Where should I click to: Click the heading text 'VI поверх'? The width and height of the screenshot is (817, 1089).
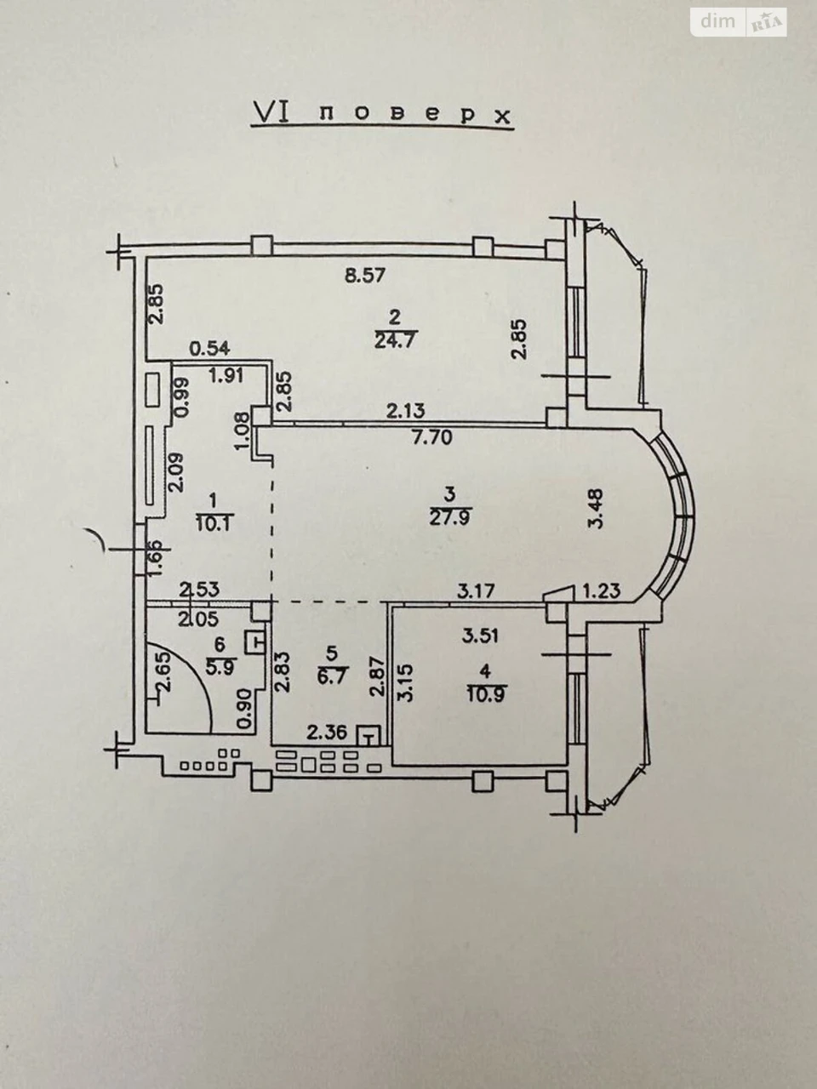(x=381, y=115)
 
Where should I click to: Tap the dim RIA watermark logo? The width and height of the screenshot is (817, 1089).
(x=739, y=22)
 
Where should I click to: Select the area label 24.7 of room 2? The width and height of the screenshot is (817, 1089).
(x=397, y=341)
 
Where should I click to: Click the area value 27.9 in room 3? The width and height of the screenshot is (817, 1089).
(x=451, y=518)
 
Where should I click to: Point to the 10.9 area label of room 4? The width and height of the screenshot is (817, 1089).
(x=486, y=694)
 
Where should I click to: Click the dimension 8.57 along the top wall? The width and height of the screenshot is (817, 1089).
(x=365, y=275)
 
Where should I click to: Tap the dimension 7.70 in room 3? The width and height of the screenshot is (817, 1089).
(x=431, y=437)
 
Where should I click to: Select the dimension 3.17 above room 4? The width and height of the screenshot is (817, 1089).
(x=477, y=591)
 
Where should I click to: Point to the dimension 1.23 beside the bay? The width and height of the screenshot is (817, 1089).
(x=602, y=591)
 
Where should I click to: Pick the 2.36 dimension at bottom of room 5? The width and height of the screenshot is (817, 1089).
(x=327, y=733)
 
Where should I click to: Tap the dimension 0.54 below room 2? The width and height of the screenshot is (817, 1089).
(x=210, y=348)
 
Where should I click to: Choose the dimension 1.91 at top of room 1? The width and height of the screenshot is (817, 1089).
(x=225, y=375)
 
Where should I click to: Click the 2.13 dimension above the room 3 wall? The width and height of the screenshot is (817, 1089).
(x=406, y=411)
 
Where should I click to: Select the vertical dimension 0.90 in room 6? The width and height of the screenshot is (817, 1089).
(x=244, y=716)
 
